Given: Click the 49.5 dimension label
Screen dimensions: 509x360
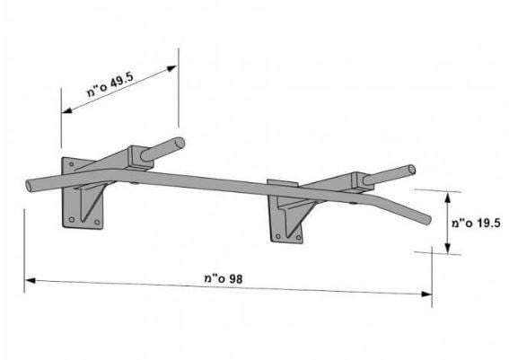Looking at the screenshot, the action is [x=110, y=84].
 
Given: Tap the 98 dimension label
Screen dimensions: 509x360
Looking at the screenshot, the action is [x=224, y=278].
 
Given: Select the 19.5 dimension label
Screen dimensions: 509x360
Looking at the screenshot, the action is [x=476, y=223].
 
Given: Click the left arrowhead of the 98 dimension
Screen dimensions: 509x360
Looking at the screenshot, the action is [x=31, y=280].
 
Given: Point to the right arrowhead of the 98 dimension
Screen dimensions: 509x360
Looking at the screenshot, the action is [x=426, y=294].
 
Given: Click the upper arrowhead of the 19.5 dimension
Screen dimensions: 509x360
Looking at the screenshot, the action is [x=448, y=198].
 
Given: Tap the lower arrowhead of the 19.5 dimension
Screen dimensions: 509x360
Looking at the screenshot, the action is [x=448, y=248].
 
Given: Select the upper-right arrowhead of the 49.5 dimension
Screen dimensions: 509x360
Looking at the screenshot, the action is [x=171, y=68].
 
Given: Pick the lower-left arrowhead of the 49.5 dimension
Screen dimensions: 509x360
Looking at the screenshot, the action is [x=66, y=110].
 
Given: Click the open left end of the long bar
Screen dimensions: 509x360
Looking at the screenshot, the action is [x=30, y=185].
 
